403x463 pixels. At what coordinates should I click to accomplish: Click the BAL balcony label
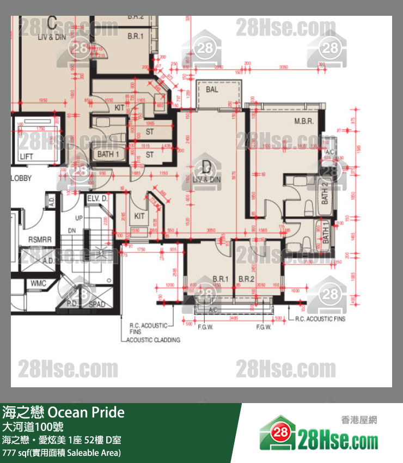(x=212, y=89)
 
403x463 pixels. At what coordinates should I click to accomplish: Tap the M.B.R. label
(x=304, y=121)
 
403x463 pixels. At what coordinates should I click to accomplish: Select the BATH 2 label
(x=325, y=194)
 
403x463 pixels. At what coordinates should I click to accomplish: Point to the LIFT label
(x=27, y=157)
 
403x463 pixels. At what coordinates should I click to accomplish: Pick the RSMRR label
(x=39, y=240)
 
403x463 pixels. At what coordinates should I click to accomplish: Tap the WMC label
(x=38, y=283)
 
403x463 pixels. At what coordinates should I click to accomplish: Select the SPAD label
(x=97, y=304)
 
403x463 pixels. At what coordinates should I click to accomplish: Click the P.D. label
(x=72, y=304)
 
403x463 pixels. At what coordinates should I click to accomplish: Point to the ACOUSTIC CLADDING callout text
(x=153, y=339)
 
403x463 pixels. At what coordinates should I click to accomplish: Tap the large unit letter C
(x=52, y=23)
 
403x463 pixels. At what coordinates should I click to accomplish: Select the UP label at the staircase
(x=78, y=218)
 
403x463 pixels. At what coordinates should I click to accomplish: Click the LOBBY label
(x=21, y=178)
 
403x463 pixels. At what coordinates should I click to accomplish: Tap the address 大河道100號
(x=33, y=427)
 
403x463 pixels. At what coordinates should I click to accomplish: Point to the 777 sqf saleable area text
(x=62, y=452)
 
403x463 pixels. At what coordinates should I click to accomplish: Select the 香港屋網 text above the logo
(x=358, y=419)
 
